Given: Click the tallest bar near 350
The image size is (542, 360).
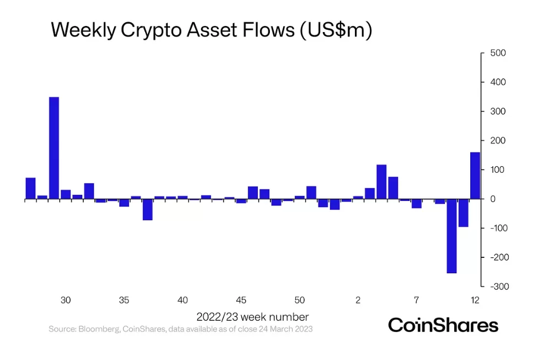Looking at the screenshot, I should tap(54, 148).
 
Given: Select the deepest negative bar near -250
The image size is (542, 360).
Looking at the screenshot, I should tap(451, 236).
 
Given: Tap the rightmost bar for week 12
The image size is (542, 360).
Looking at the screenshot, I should tap(475, 176).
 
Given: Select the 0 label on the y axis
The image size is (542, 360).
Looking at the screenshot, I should tap(493, 199).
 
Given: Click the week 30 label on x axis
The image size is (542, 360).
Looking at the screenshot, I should tap(66, 300).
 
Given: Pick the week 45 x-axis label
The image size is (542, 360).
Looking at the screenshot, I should tap(241, 300).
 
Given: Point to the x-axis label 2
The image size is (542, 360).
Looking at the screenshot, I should tap(358, 300).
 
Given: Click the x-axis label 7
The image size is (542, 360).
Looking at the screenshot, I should tap(417, 300).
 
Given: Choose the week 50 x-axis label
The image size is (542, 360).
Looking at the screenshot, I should tap(300, 300).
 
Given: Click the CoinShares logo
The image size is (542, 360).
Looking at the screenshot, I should tap(443, 325).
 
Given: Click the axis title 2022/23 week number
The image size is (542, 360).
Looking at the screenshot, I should tap(252, 317).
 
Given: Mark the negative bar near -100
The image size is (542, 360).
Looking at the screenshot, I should tap(463, 213).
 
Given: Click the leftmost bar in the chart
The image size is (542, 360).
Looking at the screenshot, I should tap(30, 188).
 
